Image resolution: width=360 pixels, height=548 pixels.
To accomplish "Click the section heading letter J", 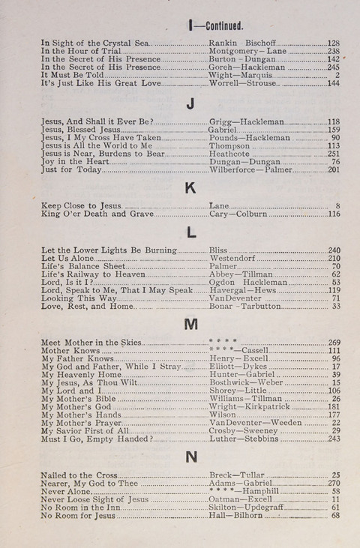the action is [190, 103].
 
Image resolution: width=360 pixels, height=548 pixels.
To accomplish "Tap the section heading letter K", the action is [190, 187].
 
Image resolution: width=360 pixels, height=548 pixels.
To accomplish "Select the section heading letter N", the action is [190, 457].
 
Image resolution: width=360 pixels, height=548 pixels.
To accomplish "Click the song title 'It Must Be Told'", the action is [73, 75].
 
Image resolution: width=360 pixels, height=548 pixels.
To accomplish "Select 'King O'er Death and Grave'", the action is [97, 214].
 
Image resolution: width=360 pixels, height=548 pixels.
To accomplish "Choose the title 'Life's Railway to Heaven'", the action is [93, 274].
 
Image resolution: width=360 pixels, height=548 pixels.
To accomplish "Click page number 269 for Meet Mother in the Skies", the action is [334, 342].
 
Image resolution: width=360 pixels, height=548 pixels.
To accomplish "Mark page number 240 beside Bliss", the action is [334, 250].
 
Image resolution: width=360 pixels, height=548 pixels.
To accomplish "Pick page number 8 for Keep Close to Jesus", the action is [337, 205].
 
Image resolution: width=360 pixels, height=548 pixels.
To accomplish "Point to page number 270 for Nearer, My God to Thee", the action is [334, 483].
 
